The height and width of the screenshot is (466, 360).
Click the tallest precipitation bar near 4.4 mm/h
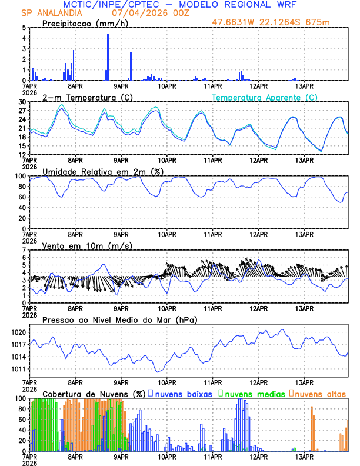[x=108, y=56]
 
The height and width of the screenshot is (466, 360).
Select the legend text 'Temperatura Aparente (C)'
[x=265, y=97]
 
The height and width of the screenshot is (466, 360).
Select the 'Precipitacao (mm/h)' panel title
[x=85, y=23]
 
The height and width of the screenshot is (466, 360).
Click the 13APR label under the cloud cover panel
[x=304, y=455]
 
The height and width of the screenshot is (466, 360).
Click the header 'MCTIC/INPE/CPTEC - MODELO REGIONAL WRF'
[x=180, y=4]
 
